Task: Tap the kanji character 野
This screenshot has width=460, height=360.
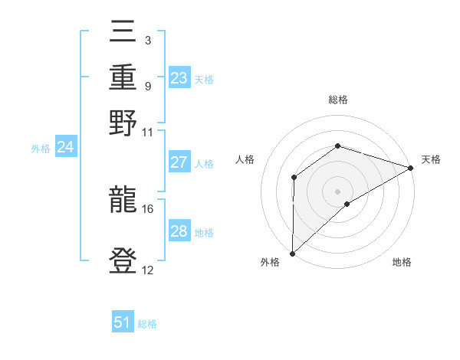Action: pyautogui.click(x=123, y=123)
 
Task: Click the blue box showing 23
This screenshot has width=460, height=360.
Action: pyautogui.click(x=179, y=78)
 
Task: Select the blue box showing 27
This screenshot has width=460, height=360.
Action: pyautogui.click(x=179, y=162)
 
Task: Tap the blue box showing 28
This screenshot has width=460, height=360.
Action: pyautogui.click(x=179, y=231)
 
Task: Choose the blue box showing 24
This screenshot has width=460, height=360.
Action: pyautogui.click(x=65, y=148)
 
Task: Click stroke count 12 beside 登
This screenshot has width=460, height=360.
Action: pyautogui.click(x=148, y=270)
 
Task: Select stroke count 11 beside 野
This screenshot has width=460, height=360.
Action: pyautogui.click(x=148, y=132)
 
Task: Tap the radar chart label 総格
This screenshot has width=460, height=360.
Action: pyautogui.click(x=337, y=100)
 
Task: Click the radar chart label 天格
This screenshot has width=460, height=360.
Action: pyautogui.click(x=431, y=159)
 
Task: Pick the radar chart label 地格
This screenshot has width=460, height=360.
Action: pyautogui.click(x=402, y=263)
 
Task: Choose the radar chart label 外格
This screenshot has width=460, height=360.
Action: pyautogui.click(x=270, y=263)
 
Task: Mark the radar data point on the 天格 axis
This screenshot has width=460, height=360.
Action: pyautogui.click(x=411, y=168)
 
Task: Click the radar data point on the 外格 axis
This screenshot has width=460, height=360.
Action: pyautogui.click(x=292, y=254)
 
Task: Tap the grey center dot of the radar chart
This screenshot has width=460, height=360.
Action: pyautogui.click(x=337, y=191)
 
